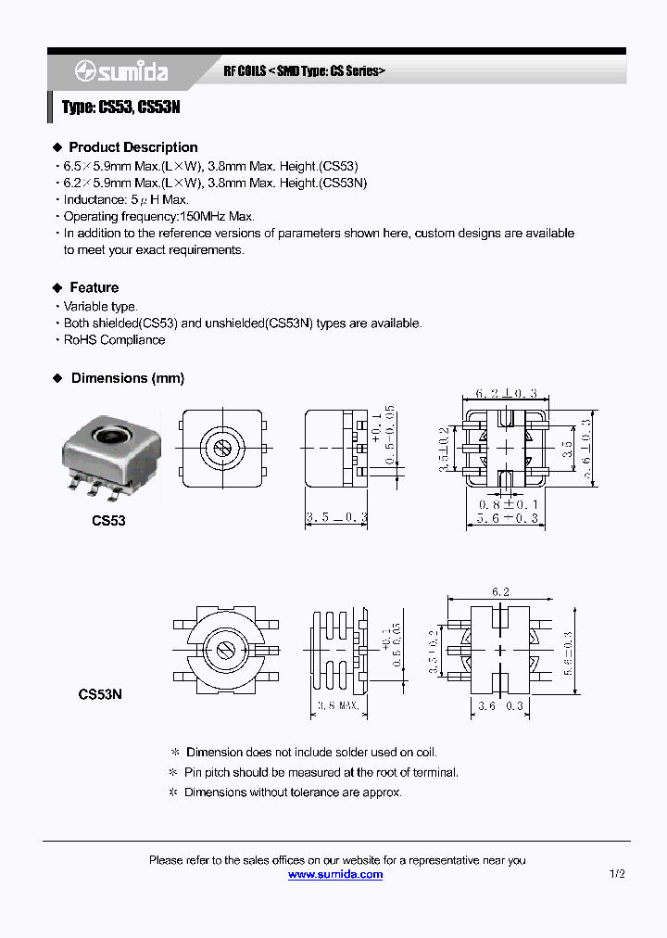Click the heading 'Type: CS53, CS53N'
tap(120, 108)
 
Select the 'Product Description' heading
tap(132, 147)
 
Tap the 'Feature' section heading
tap(94, 287)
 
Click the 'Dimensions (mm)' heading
tap(127, 378)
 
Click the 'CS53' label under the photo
tap(108, 521)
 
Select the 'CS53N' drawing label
tap(100, 693)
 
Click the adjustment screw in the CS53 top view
tap(222, 449)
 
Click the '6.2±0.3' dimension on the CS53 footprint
tap(506, 393)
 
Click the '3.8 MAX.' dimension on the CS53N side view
tap(337, 706)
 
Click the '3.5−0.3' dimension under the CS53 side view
tap(337, 517)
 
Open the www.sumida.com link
tap(334, 874)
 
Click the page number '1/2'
tap(617, 874)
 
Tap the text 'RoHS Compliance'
tap(114, 340)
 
